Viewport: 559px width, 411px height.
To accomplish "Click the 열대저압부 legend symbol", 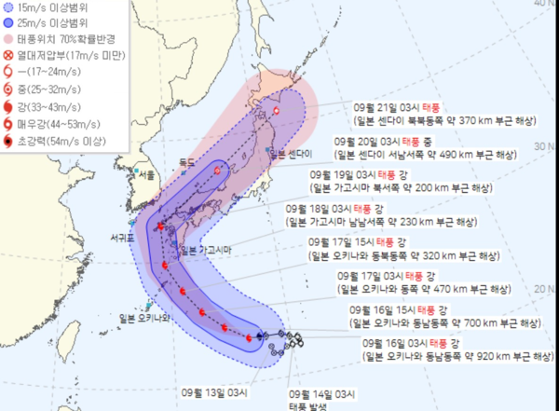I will pyautogui.click(x=7, y=58).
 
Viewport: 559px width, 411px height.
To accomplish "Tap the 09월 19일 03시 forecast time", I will pyautogui.click(x=339, y=174).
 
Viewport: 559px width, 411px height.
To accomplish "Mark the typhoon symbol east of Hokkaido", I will pyautogui.click(x=277, y=112).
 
